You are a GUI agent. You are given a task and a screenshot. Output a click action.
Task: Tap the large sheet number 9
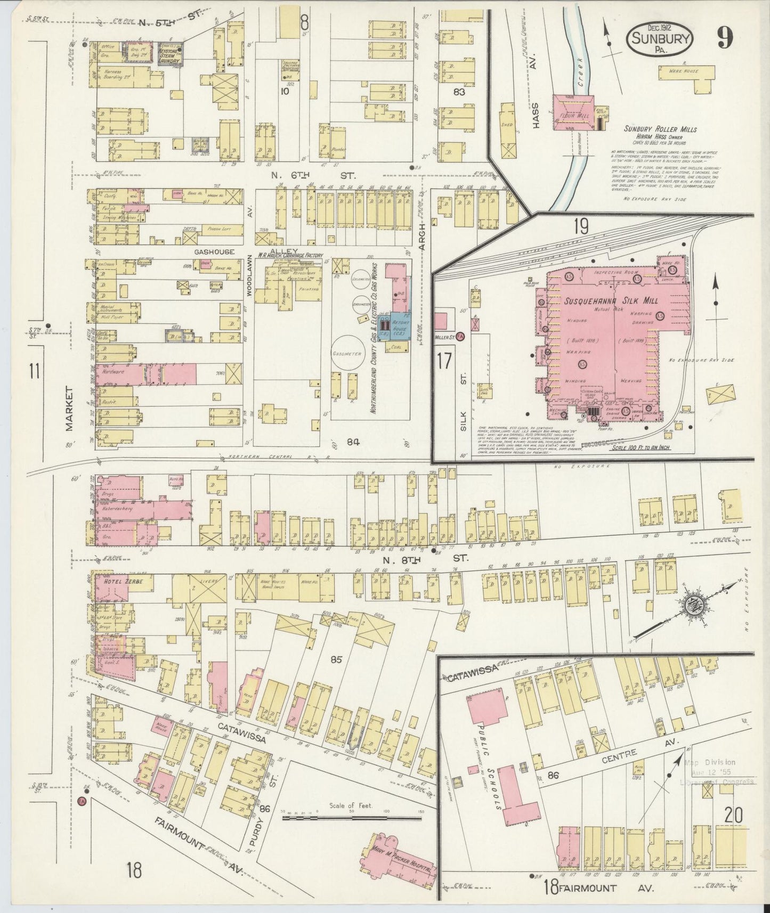tap(725, 37)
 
